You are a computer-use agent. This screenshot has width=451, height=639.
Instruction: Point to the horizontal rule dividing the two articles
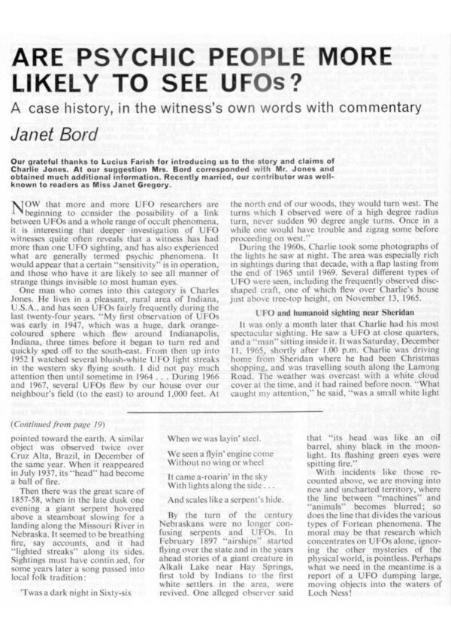pyautogui.click(x=225, y=411)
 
